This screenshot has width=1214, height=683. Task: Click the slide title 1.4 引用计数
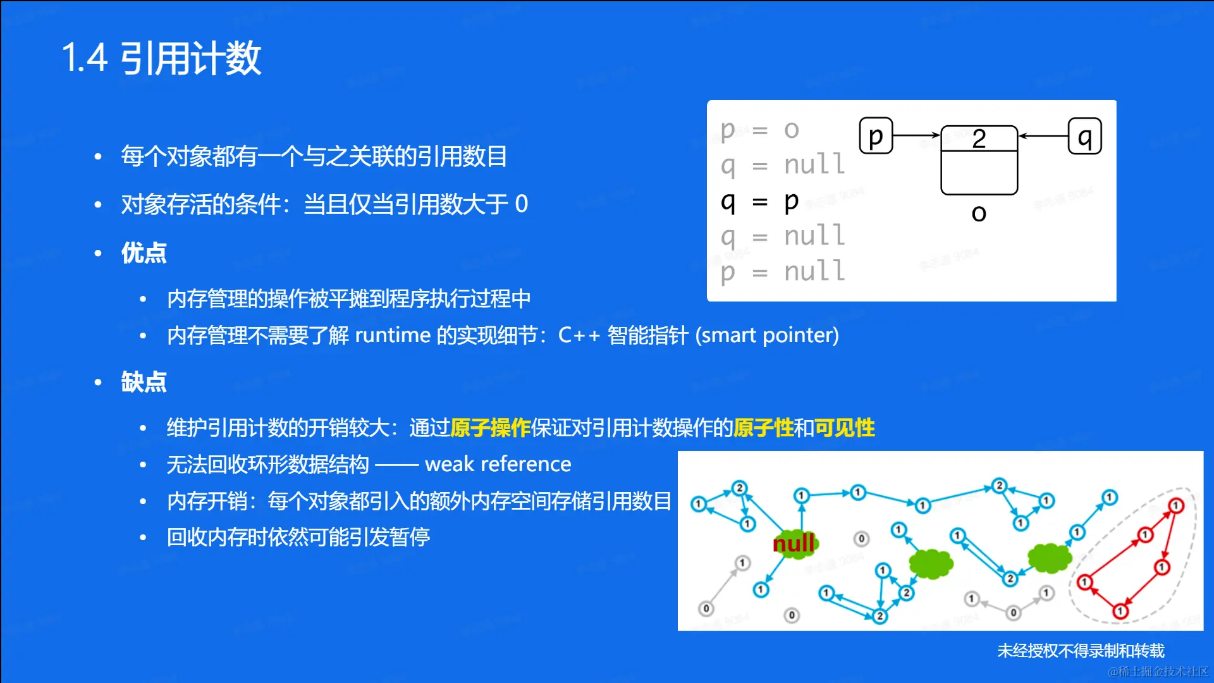pos(161,58)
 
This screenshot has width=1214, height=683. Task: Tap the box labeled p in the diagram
pos(876,136)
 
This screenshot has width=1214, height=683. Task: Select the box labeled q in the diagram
pos(1085,136)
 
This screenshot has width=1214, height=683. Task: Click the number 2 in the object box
pos(979,138)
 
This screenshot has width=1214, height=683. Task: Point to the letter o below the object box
pos(979,214)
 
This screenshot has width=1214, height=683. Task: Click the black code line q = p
pos(760,202)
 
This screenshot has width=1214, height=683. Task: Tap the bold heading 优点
pos(144,253)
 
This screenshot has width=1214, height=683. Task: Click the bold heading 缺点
pos(144,382)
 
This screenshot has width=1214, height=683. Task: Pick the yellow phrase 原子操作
pos(490,428)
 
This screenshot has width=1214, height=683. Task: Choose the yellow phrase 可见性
pos(844,428)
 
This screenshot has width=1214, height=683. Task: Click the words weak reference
pos(498,464)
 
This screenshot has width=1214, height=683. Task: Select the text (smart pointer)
pos(767,335)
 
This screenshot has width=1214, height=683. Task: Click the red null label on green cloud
pos(794,543)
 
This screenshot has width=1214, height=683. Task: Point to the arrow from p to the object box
pos(917,135)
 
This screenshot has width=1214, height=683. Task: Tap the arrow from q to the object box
pos(1043,135)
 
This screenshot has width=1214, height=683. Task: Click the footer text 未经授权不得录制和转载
pos(1081,651)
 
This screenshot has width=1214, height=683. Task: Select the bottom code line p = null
pos(783,272)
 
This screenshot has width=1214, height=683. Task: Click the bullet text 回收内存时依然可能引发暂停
pos(298,538)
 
